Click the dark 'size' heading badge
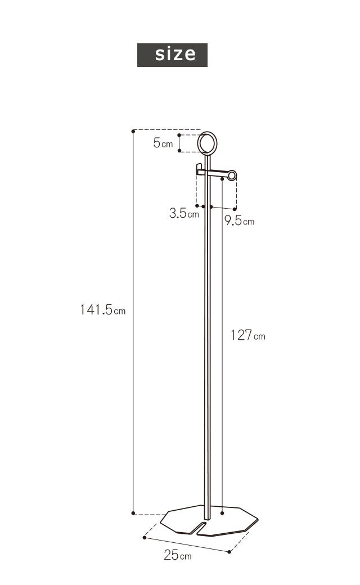point(172,55)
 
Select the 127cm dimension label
point(247,335)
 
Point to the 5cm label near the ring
point(163,143)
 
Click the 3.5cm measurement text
point(184,213)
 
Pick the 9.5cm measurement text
point(239,220)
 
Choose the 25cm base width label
point(178,556)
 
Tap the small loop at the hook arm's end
point(231,175)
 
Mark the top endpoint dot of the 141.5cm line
point(133,131)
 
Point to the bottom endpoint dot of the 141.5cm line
point(133,513)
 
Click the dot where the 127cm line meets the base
point(223,512)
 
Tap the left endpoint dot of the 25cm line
point(145,538)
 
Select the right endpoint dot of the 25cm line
point(229,552)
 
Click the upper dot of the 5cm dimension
point(179,135)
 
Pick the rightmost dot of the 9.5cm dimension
point(236,208)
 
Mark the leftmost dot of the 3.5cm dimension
point(196,206)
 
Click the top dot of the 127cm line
point(223,179)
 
